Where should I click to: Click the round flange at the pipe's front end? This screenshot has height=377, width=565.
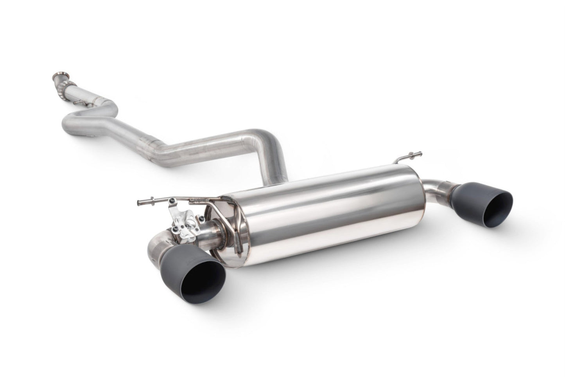click(59, 76)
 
